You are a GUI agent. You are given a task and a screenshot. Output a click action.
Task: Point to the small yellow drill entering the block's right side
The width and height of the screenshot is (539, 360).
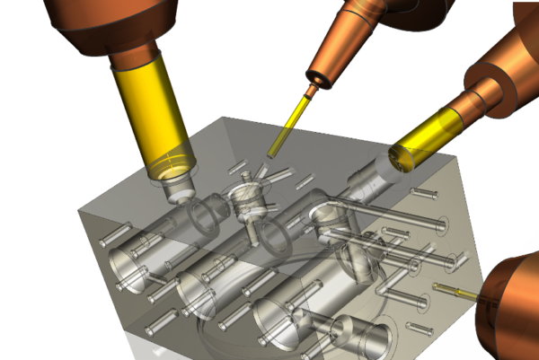coord(454,289)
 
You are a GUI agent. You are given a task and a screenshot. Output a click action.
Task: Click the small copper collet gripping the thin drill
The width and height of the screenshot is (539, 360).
coord(312,89)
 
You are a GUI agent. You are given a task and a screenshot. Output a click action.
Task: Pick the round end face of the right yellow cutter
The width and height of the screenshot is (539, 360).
coord(402,159)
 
